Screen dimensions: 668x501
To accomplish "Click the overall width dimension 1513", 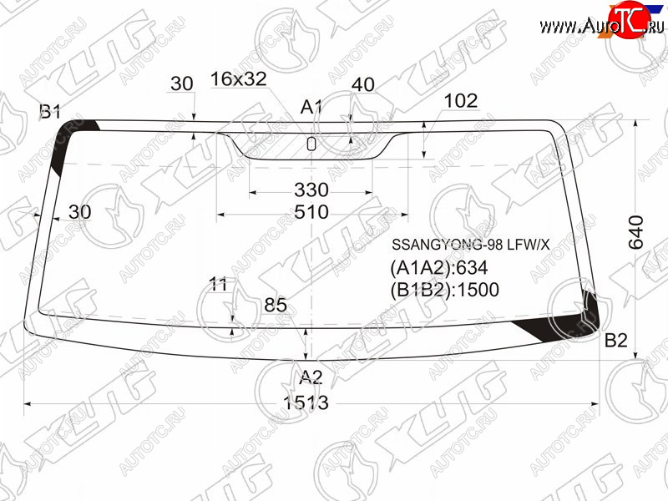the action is pos(306,402).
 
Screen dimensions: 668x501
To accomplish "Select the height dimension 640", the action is pos(636,232).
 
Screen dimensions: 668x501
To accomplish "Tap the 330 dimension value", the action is pos(311,190).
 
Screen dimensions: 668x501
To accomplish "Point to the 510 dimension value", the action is pos(311,212).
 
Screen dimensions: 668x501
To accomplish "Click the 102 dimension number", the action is pos(461,101).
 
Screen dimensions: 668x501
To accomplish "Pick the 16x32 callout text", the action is pos(239,78).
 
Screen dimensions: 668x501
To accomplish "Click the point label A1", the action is pos(311,107).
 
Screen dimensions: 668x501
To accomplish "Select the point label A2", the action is pos(311,377).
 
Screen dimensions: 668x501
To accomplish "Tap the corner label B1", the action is pos(50,112).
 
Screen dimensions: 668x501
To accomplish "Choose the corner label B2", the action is pos(616,341).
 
